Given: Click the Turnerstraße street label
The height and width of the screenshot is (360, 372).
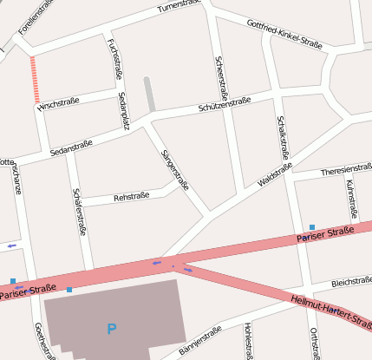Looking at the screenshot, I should (x=179, y=7).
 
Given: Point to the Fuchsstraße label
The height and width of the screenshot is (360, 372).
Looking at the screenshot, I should (x=113, y=57).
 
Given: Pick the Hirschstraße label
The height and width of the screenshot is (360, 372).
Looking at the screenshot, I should (x=58, y=102).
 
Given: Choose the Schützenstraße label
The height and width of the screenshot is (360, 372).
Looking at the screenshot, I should (x=224, y=103).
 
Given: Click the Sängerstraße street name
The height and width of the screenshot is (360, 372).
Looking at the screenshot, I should (x=175, y=169).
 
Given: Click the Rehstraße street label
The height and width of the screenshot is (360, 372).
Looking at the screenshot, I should (x=131, y=197).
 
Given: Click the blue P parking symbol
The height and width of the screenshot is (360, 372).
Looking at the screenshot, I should (x=110, y=329).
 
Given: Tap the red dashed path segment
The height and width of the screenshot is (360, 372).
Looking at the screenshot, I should (x=35, y=80).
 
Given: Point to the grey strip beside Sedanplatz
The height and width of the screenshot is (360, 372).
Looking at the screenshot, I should (x=149, y=94).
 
